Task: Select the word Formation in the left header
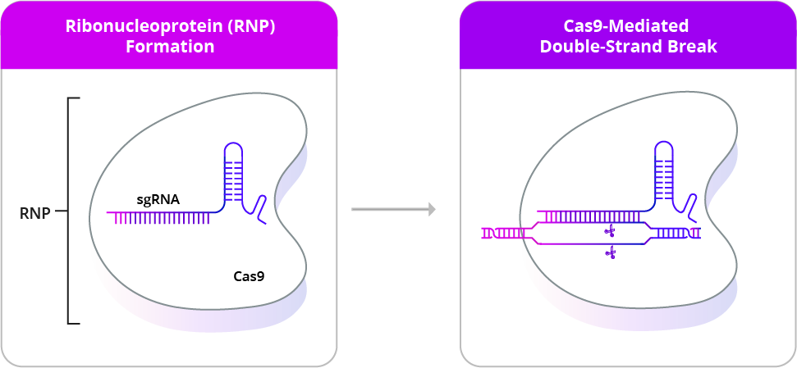click(170, 47)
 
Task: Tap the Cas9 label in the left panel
click(249, 276)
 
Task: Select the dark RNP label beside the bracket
click(35, 213)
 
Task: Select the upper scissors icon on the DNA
click(609, 231)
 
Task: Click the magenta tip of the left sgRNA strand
click(113, 218)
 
